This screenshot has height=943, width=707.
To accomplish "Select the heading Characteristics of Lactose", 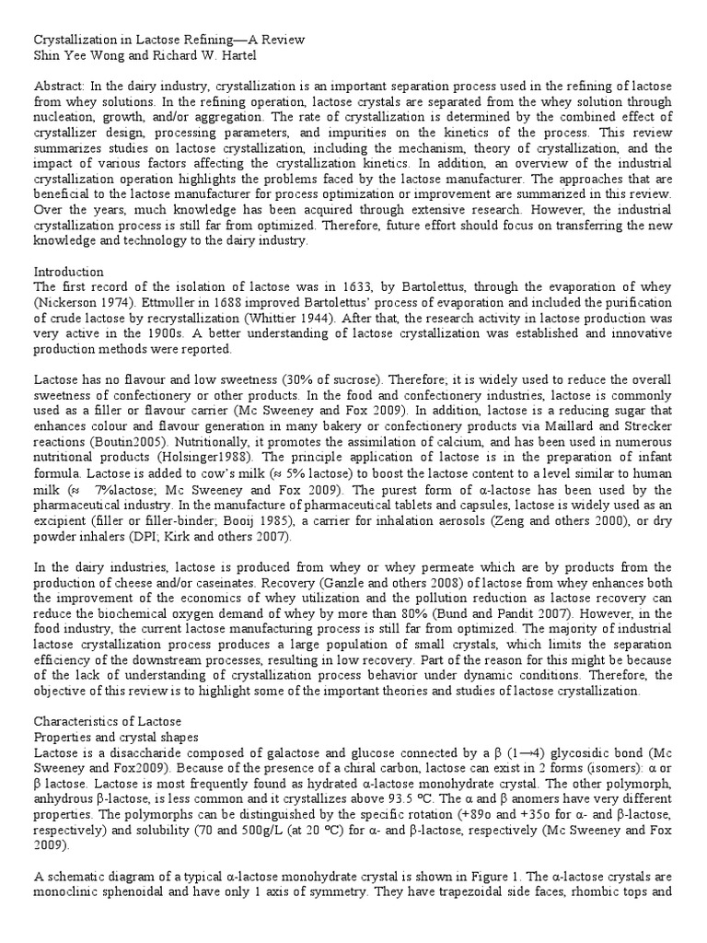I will [108, 721].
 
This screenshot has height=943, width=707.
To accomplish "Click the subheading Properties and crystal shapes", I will [120, 737].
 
